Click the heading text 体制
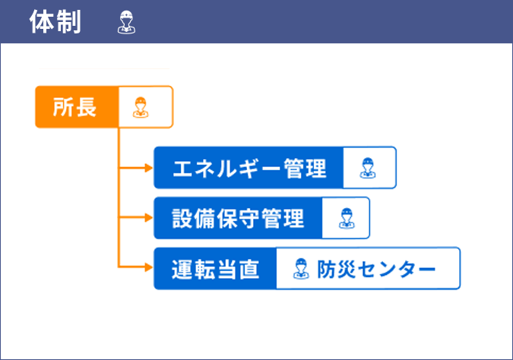pos(55,21)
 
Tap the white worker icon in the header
pos(127,22)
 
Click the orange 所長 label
pos(74,107)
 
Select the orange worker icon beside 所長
pos(141,107)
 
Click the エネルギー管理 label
pos(249,168)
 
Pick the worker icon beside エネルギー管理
pos(368,168)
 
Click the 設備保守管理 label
pos(238,219)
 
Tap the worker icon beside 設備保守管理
pos(347,218)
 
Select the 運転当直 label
pos(216,269)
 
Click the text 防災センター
pos(376,269)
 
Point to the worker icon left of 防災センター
pos(301,268)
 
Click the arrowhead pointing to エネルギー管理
pos(149,168)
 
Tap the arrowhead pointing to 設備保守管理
pos(149,218)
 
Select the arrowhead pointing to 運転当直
pos(149,267)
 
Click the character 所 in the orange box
pos(63,107)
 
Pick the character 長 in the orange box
pos(86,107)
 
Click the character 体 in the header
pos(42,21)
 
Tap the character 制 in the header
pos(68,21)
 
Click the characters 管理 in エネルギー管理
pos(305,168)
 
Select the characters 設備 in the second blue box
pos(193,219)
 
